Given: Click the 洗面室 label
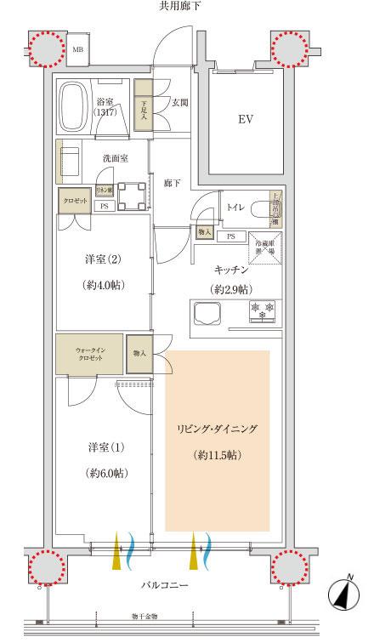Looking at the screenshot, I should [x=115, y=158].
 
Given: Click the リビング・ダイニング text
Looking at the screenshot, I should [x=217, y=429].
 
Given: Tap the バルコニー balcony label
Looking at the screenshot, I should [x=166, y=587].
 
